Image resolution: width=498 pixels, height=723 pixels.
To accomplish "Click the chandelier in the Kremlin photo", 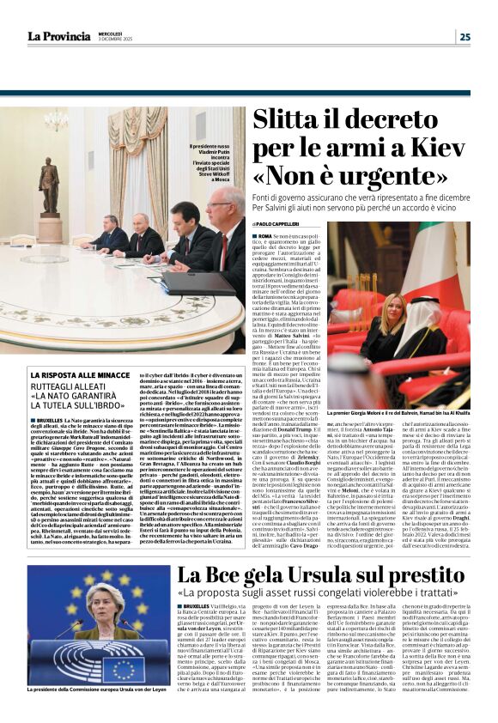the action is (x=56, y=121).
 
